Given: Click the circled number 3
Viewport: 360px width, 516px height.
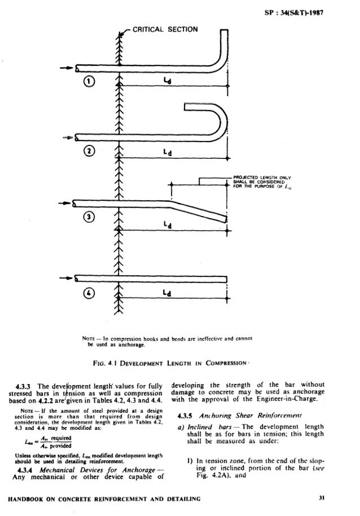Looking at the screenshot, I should [x=90, y=220].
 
